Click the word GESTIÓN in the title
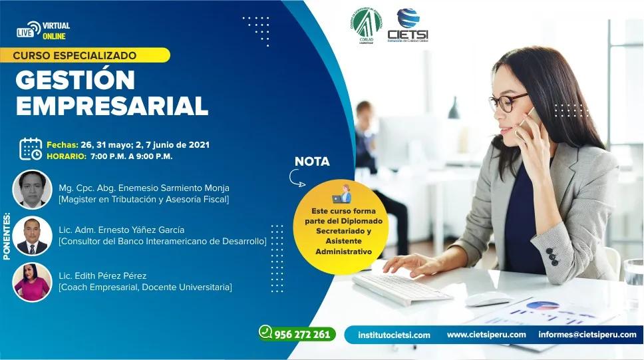[x=75, y=80]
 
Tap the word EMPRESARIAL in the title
[x=112, y=106]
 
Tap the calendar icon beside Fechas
[x=31, y=149]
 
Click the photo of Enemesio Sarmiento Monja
[x=32, y=190]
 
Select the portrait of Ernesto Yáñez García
[x=32, y=236]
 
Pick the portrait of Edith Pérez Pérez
[x=32, y=281]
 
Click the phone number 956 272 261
[x=297, y=334]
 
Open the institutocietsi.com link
[x=394, y=335]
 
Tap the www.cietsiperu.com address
[x=486, y=335]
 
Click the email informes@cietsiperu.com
[x=587, y=335]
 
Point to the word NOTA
[x=312, y=162]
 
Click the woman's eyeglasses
[x=507, y=102]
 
